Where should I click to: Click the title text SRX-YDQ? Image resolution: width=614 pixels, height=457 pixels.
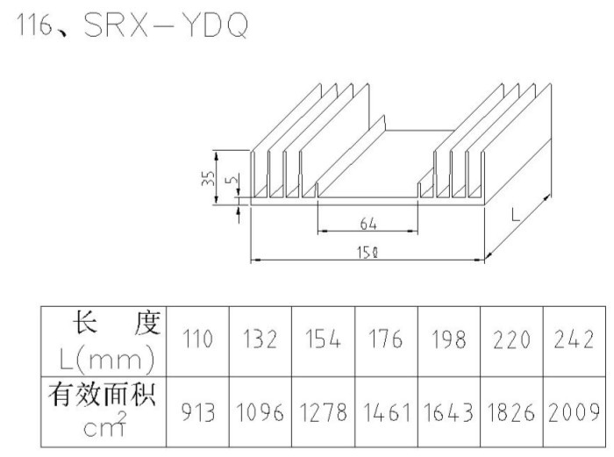tap(166, 25)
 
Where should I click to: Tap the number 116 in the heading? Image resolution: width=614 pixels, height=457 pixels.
tap(35, 26)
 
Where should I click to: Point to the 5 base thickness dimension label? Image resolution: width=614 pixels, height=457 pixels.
tap(232, 179)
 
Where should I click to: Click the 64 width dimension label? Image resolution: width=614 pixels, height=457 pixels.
tap(368, 224)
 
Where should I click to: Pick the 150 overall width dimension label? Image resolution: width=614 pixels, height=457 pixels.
tap(368, 253)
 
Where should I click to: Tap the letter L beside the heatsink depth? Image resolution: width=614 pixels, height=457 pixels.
tap(516, 214)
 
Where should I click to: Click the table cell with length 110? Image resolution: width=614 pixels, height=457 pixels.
tap(197, 339)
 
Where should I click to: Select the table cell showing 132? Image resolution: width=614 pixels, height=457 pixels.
tap(261, 339)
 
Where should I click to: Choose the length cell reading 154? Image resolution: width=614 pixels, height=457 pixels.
tap(323, 339)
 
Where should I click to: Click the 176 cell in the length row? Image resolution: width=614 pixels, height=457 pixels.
tap(386, 339)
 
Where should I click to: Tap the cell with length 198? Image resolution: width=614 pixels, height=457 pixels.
tap(449, 339)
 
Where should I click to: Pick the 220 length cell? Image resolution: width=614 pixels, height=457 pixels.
tap(511, 339)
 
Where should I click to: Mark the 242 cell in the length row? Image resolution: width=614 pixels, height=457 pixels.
tap(574, 339)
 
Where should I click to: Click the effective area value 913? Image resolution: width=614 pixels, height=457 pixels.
tap(198, 412)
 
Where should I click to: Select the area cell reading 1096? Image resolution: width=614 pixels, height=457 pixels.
tap(261, 412)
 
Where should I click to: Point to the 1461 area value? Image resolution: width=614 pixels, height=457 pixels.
tap(387, 412)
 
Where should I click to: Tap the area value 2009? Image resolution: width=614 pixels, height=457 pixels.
tap(574, 412)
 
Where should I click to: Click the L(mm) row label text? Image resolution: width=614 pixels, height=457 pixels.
tap(106, 360)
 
